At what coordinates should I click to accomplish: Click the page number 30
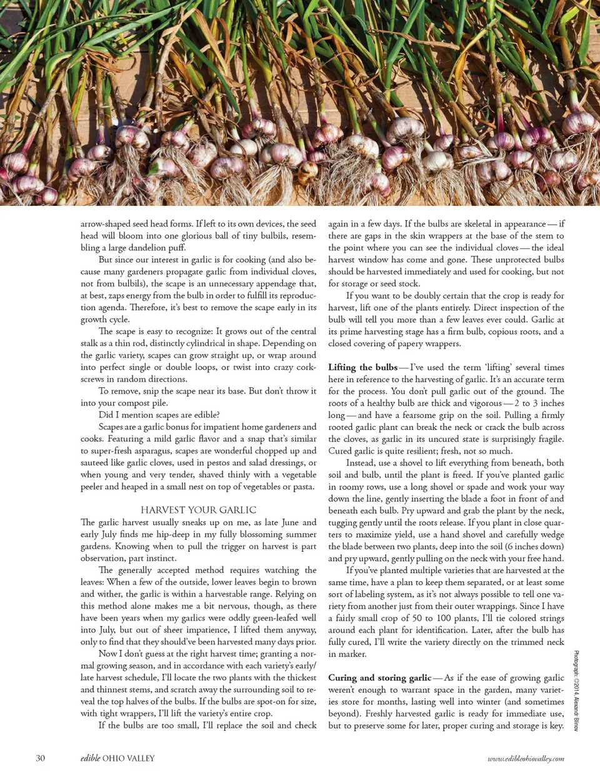click(x=40, y=758)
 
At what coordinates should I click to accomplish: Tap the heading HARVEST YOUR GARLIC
click(x=198, y=510)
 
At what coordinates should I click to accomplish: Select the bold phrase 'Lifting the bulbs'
click(x=362, y=367)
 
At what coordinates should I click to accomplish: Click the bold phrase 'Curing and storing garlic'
click(x=379, y=678)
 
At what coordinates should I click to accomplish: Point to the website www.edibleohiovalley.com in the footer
click(x=526, y=758)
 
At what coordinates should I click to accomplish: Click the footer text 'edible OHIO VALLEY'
click(x=117, y=758)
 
